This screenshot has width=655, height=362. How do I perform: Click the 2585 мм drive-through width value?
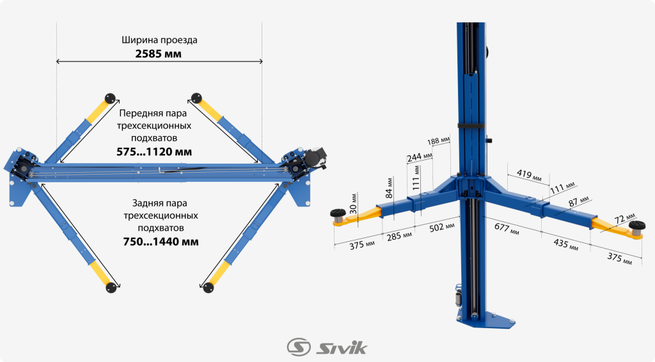click(159, 54)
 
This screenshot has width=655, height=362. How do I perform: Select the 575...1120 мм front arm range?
click(154, 152)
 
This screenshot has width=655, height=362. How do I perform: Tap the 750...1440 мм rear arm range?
click(161, 242)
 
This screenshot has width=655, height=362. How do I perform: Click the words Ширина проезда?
click(159, 40)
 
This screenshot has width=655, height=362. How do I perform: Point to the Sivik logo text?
click(342, 347)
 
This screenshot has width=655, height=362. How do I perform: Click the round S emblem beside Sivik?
click(299, 347)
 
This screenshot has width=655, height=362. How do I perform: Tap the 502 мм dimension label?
click(441, 226)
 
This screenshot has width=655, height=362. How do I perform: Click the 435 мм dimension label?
click(565, 244)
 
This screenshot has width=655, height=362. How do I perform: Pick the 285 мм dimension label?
click(399, 235)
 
